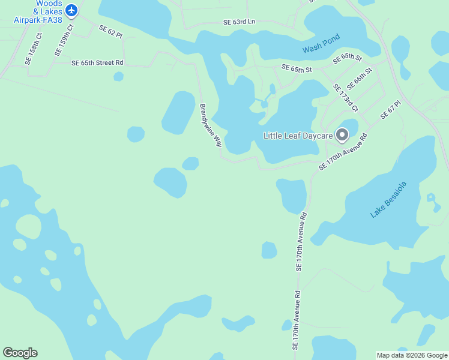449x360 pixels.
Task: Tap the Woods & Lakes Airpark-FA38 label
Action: (x=37, y=11)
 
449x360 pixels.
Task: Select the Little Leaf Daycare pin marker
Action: (x=342, y=136)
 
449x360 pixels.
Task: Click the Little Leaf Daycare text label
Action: (x=298, y=136)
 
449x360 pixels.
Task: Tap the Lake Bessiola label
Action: (x=388, y=199)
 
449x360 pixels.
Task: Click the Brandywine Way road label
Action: (x=211, y=125)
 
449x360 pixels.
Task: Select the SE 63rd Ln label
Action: (x=239, y=22)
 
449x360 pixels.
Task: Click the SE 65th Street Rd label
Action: (x=97, y=62)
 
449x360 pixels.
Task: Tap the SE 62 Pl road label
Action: (x=110, y=32)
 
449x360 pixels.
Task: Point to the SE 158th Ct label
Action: (x=34, y=49)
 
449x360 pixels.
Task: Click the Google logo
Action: (x=20, y=353)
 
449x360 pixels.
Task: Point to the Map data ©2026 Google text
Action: (x=412, y=355)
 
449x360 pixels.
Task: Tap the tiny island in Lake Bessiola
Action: (x=430, y=197)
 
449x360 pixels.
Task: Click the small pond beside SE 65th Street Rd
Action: (x=119, y=76)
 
